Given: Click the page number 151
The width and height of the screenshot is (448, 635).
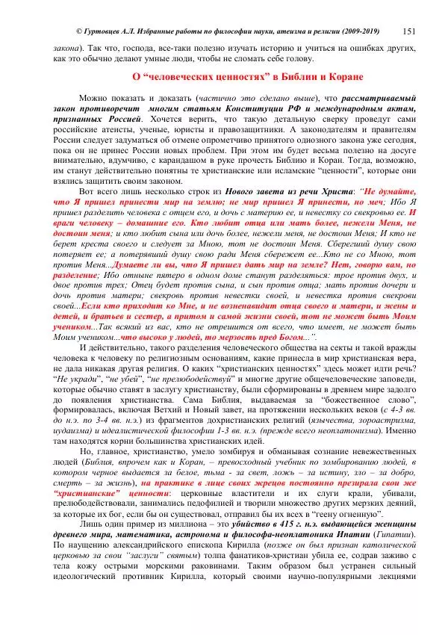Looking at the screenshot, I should (x=408, y=31).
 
